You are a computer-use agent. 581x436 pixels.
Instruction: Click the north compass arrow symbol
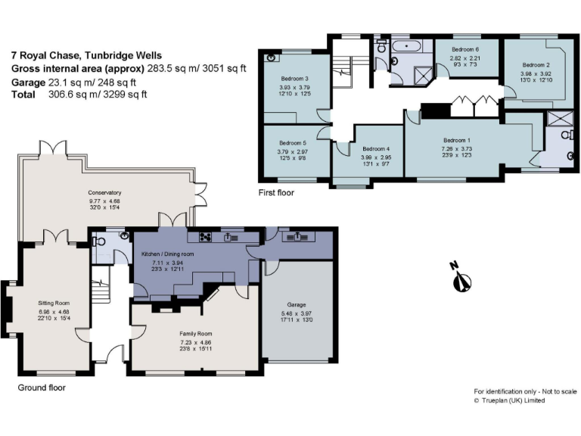[456, 279]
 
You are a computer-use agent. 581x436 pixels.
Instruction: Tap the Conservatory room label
[104, 192]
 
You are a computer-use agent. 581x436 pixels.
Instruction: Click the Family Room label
[195, 333]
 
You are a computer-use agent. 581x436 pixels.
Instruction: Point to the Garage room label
[296, 304]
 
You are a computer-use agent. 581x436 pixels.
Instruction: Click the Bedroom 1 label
[456, 140]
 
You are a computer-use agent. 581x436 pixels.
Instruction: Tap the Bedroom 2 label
[536, 65]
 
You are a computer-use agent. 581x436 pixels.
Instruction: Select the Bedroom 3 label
[295, 79]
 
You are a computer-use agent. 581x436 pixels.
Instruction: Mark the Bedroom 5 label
[293, 142]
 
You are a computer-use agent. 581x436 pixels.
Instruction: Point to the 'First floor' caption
[277, 193]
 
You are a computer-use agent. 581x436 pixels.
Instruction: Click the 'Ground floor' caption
[41, 388]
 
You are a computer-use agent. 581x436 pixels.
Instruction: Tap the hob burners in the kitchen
[204, 236]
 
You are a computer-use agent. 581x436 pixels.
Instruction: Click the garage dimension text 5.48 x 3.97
[296, 313]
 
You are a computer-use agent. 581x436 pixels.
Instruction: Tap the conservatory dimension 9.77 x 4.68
[104, 201]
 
